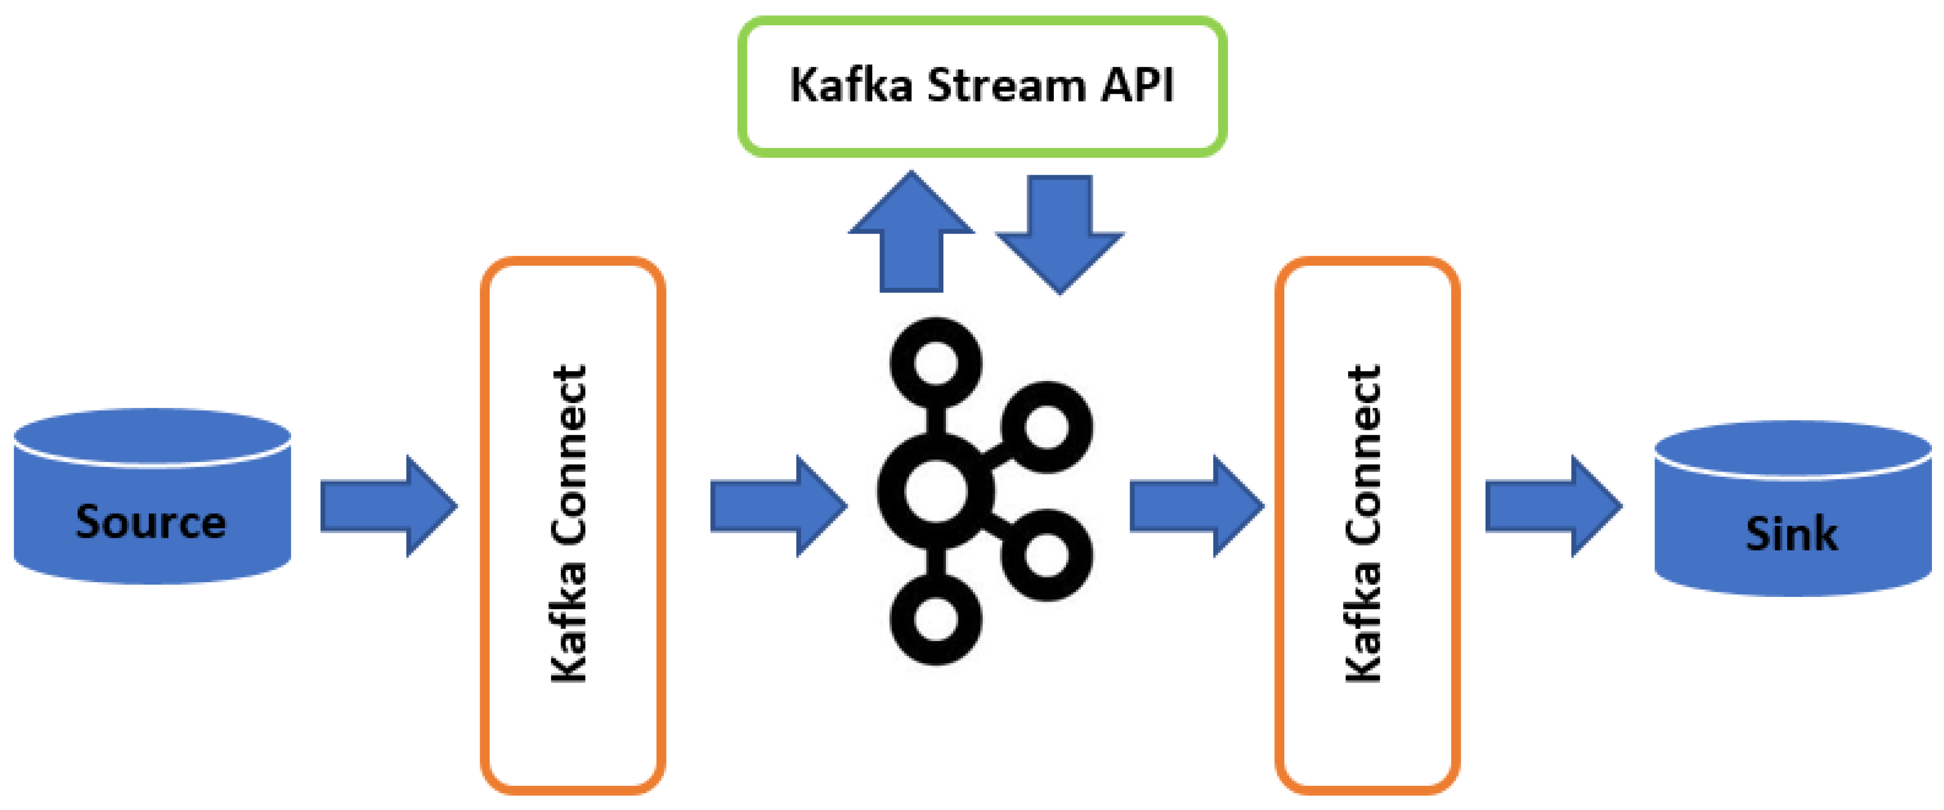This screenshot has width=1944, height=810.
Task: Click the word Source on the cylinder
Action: [151, 522]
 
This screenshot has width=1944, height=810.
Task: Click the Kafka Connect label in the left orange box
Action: [570, 525]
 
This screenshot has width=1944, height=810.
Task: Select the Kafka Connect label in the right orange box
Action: [1364, 525]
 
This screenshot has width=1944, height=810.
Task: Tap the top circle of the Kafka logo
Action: [936, 363]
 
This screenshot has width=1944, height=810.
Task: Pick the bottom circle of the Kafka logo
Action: [936, 620]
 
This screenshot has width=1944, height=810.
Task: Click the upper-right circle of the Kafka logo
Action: [1046, 426]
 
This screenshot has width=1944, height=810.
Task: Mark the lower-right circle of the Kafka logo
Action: [1046, 555]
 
